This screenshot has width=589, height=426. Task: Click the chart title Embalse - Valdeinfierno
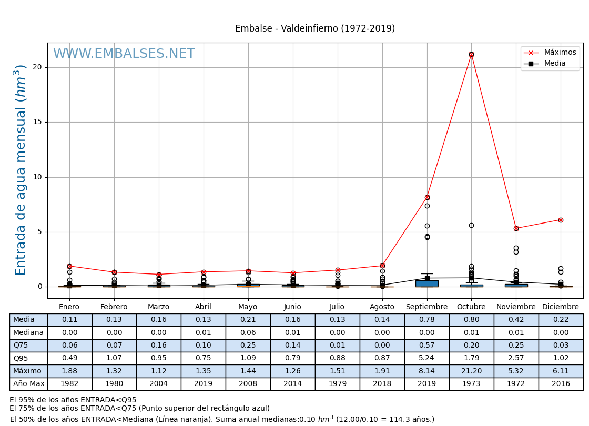click(314, 29)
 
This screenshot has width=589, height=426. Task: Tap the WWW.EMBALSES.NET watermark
click(124, 54)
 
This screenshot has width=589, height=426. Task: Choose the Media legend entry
click(555, 64)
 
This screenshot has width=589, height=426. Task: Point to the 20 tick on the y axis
click(38, 67)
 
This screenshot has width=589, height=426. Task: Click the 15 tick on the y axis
click(38, 122)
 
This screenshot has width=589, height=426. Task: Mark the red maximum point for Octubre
click(471, 54)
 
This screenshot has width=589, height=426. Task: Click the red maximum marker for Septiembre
click(427, 197)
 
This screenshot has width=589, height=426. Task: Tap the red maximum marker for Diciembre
click(561, 220)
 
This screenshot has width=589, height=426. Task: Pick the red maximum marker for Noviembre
click(516, 228)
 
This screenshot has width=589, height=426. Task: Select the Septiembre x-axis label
click(426, 307)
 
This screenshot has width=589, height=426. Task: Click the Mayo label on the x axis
click(248, 307)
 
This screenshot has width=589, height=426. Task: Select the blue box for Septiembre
click(426, 283)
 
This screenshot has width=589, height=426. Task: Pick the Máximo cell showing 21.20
click(471, 371)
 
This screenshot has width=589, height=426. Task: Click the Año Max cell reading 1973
click(471, 384)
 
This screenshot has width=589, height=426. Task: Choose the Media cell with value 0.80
click(471, 320)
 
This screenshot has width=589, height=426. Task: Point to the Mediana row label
click(28, 332)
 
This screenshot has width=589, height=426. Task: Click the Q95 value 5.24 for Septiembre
click(426, 358)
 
